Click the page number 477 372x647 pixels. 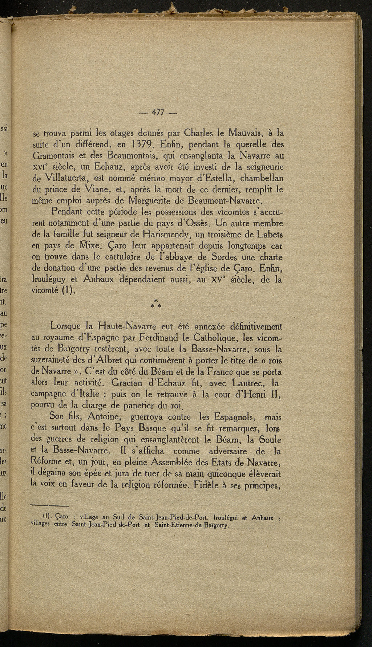pos(157,112)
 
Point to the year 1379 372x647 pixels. pos(135,145)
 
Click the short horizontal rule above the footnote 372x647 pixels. pos(49,506)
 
